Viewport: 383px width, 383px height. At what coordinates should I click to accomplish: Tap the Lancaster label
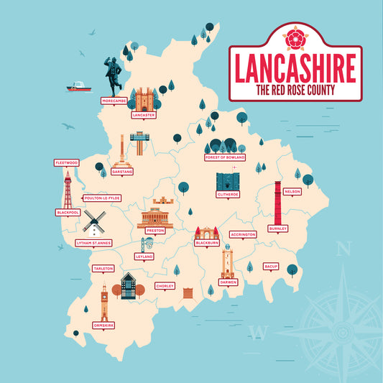[144, 114]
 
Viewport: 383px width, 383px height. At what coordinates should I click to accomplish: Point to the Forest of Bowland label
[224, 157]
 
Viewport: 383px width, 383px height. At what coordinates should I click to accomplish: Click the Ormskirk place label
[104, 326]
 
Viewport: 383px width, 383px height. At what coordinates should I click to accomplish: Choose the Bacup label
[270, 266]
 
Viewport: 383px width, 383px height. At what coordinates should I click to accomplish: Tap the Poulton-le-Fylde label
[102, 198]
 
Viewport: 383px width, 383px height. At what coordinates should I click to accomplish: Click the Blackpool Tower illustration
[68, 190]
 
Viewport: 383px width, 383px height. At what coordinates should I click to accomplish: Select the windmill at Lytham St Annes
[92, 223]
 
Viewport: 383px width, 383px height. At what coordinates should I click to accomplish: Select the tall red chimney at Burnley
[277, 203]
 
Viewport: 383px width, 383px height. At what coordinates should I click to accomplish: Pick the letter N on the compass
[343, 250]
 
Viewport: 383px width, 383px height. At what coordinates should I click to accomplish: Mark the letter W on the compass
[257, 332]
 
